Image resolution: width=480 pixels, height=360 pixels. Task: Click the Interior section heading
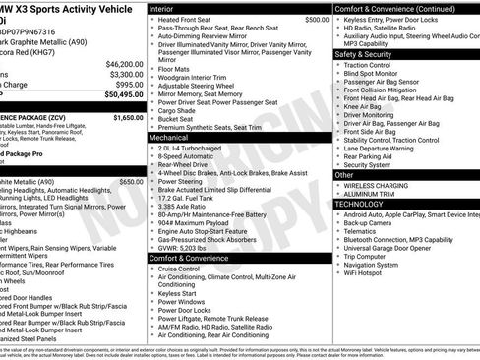(x=162, y=8)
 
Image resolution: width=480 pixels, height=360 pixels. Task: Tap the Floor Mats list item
(x=174, y=70)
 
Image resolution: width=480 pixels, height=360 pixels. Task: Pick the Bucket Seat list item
(x=179, y=119)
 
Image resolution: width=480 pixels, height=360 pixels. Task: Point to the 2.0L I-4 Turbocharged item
(x=194, y=149)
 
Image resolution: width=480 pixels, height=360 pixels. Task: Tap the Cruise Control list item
(x=179, y=269)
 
